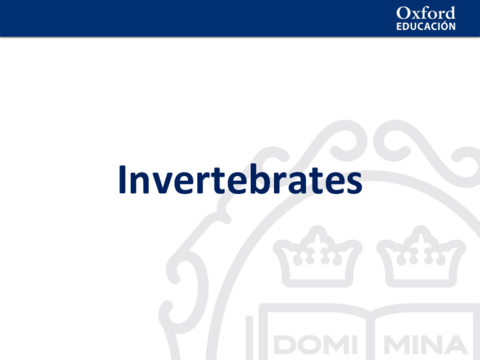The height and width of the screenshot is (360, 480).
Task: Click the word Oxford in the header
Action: click(x=425, y=12)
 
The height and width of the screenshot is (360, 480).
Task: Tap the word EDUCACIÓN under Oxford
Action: click(x=426, y=27)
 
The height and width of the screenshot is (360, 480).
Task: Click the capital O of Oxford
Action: click(x=403, y=12)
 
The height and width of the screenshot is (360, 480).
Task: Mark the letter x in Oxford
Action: click(x=416, y=14)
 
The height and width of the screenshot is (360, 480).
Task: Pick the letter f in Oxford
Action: click(x=427, y=12)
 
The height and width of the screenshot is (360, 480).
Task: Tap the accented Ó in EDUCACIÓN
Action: click(x=441, y=26)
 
